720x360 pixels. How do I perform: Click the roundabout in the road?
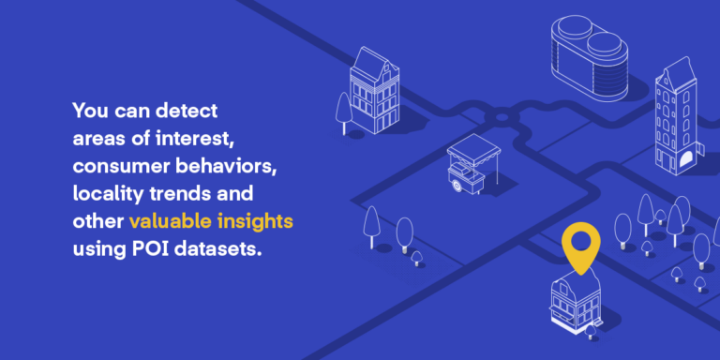501,118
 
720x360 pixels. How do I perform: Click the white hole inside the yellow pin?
580,242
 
